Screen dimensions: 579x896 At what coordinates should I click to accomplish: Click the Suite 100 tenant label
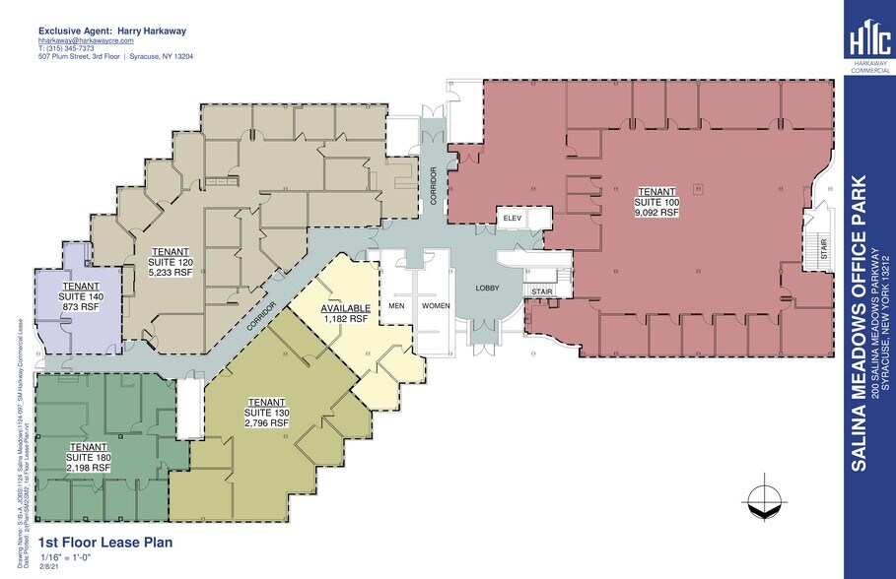656,201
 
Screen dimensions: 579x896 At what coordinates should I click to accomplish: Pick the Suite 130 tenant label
266,413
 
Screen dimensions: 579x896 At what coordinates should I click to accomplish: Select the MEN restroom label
397,305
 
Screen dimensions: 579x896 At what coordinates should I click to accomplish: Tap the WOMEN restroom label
436,305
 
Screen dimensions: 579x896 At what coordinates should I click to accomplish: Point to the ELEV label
512,218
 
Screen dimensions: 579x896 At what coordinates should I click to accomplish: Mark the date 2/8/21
48,568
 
